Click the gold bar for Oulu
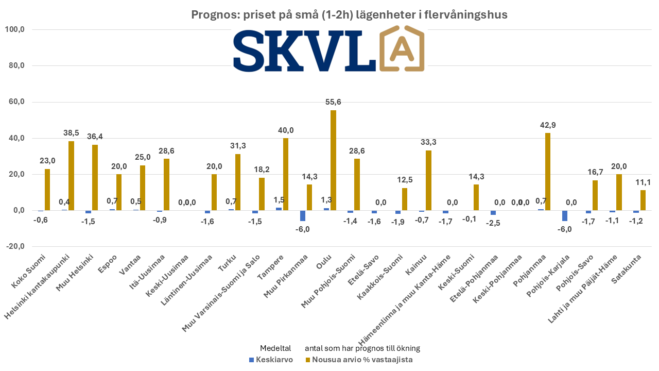333,160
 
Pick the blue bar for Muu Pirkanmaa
303,216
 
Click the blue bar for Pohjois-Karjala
565,216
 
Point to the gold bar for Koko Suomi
47,190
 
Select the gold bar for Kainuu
428,180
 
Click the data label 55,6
333,102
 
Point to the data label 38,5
71,132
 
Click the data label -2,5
493,224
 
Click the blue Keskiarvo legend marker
251,360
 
